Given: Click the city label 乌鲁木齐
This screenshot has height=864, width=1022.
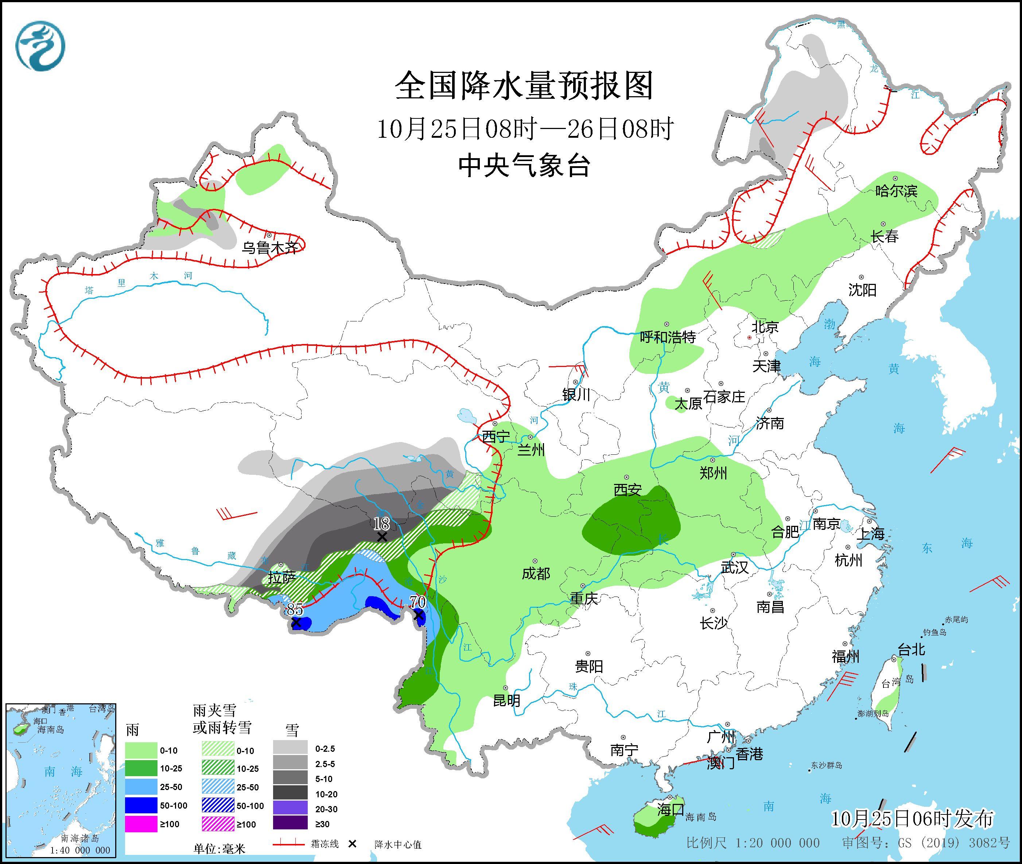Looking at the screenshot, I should click(x=269, y=248).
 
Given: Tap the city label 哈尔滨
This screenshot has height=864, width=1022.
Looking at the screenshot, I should click(x=896, y=191).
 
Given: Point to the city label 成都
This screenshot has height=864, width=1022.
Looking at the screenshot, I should click(x=536, y=574).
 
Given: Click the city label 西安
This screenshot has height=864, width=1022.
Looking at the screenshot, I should click(x=627, y=489).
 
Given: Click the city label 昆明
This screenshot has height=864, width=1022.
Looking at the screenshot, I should click(x=506, y=701).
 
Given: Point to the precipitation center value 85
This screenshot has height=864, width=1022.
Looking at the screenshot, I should click(x=295, y=609).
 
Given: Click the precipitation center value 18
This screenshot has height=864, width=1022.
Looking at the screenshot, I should click(x=381, y=524).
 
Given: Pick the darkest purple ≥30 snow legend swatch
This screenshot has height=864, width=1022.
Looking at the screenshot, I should click(x=290, y=824).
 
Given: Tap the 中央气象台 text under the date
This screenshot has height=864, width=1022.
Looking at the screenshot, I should click(x=524, y=165).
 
